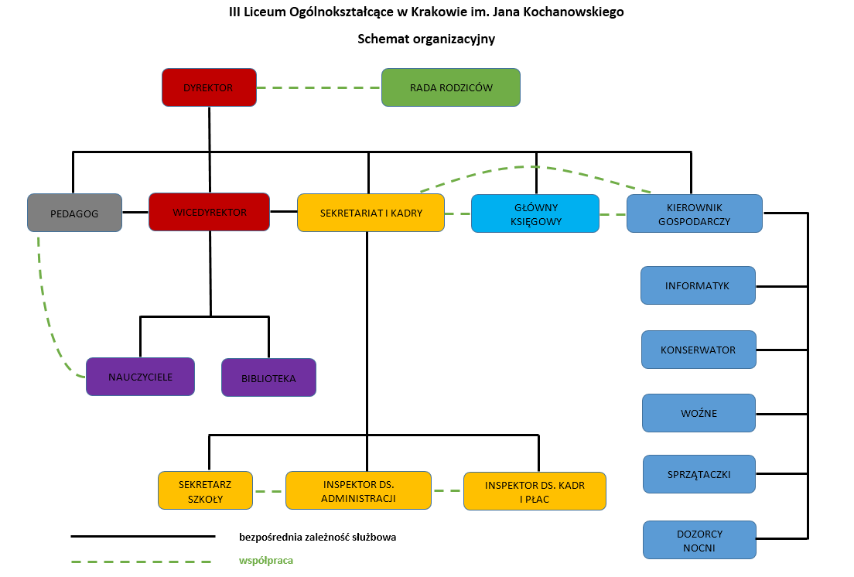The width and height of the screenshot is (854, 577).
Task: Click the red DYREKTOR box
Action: tap(209, 87)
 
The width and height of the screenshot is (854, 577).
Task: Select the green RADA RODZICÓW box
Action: tap(451, 87)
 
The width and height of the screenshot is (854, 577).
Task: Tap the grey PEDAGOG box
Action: tap(74, 213)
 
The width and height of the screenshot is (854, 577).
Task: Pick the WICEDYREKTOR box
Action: tap(210, 212)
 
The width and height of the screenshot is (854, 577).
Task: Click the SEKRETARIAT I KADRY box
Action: tap(371, 213)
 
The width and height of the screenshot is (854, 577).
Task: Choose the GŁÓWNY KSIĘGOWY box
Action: tap(535, 213)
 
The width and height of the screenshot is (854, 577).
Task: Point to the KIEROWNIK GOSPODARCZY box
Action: tap(694, 213)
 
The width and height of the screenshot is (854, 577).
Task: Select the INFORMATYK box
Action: tap(697, 285)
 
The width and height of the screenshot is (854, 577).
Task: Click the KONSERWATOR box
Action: tap(698, 350)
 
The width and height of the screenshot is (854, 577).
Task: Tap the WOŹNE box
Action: tap(699, 413)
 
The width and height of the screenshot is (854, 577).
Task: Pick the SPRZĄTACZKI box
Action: tap(699, 474)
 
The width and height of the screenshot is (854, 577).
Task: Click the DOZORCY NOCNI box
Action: tap(699, 540)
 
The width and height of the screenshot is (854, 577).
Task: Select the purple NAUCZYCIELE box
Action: tap(140, 377)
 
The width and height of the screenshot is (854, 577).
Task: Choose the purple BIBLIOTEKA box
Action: tap(268, 378)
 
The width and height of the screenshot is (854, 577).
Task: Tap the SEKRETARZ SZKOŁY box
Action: tap(205, 490)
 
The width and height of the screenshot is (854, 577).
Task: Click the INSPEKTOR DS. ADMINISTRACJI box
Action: tap(358, 490)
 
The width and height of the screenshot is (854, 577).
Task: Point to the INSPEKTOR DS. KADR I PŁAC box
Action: tap(535, 491)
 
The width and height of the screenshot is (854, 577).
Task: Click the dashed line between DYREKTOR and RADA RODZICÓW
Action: tap(319, 87)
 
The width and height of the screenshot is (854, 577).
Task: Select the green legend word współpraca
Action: tap(266, 560)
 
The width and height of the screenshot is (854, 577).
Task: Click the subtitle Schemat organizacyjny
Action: tap(426, 39)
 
